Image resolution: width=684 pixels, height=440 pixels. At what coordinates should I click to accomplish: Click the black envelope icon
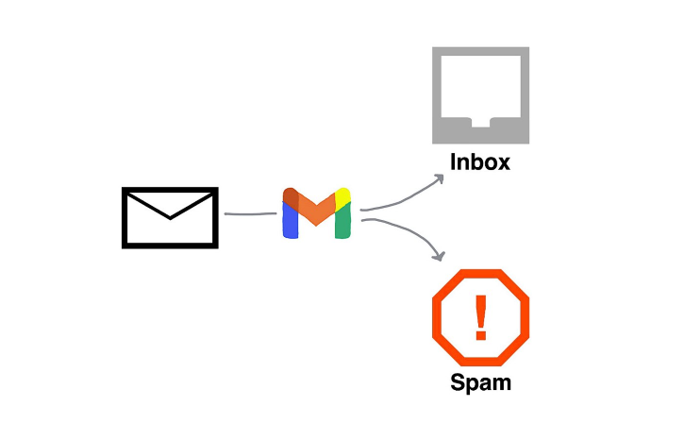click(x=170, y=217)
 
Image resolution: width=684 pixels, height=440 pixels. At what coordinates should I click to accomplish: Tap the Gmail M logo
click(x=316, y=213)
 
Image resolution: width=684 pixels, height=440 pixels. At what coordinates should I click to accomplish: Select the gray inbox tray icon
click(x=480, y=94)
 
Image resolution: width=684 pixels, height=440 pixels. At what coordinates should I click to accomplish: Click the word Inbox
click(x=480, y=161)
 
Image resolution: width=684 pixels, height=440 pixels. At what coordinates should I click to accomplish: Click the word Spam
click(x=480, y=382)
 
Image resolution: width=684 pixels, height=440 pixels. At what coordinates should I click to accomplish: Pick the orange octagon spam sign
click(x=480, y=318)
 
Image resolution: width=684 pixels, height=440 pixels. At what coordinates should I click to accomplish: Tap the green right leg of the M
click(x=342, y=224)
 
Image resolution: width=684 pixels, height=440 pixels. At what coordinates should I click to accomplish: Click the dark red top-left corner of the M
click(x=291, y=197)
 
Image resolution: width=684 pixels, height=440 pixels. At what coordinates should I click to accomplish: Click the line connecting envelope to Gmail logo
click(x=250, y=214)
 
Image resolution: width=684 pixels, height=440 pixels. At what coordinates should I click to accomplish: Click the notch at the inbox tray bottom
click(x=480, y=122)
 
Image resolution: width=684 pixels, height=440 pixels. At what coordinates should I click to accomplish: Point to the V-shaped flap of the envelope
click(x=170, y=208)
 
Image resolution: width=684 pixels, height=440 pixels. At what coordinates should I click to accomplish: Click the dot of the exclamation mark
click(x=481, y=336)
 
